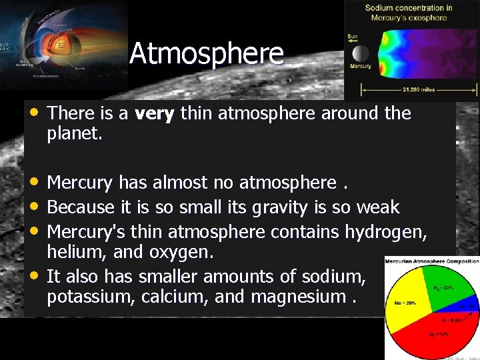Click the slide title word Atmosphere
207,54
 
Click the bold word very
154,113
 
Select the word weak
378,207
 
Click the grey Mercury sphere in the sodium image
360,54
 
